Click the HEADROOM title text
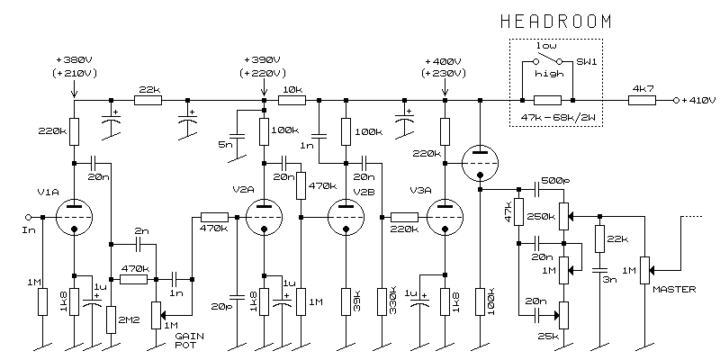point(556,22)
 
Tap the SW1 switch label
point(587,61)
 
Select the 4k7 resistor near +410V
point(642,100)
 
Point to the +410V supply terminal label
point(698,100)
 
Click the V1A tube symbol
point(74,217)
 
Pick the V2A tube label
point(243,190)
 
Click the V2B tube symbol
point(346,217)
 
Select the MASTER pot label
point(674,289)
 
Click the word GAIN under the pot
point(189,336)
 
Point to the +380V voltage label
point(74,60)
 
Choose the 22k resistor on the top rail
point(148,100)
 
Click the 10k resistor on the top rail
point(292,100)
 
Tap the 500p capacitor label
point(556,180)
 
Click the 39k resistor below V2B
point(346,301)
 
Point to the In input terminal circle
point(28,217)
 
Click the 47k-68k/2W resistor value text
point(555,119)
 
